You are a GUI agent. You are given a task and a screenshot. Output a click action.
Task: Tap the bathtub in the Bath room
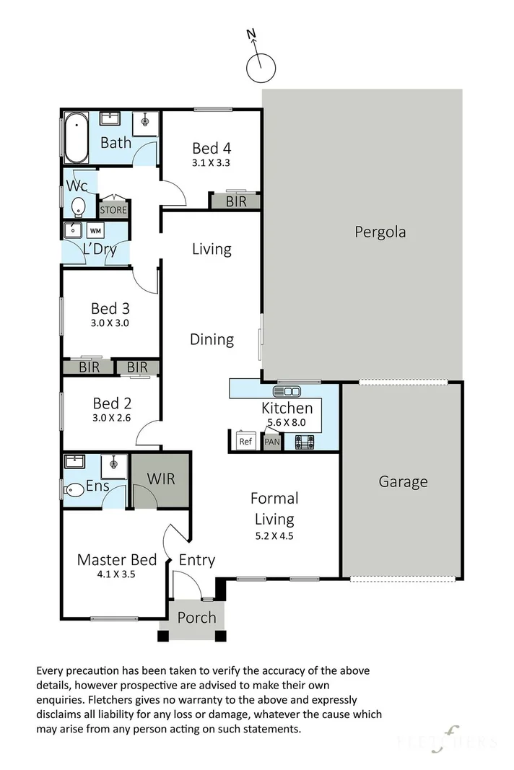coord(77,138)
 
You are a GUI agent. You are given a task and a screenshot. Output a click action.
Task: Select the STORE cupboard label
coord(113,210)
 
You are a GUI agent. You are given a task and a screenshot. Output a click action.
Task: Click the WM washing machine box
coord(96,230)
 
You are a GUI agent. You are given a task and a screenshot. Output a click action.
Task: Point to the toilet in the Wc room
coord(79,207)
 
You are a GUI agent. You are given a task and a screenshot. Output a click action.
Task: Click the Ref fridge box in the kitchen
coord(245,440)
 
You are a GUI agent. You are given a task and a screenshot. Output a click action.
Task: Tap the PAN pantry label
coord(272,442)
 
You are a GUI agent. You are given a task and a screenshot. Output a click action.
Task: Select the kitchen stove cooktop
coord(305,442)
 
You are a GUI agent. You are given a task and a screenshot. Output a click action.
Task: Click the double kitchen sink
coord(287,391)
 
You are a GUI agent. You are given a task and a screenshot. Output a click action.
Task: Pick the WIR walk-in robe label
coord(161,478)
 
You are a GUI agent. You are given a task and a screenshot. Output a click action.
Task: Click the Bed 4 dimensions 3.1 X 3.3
coord(212,162)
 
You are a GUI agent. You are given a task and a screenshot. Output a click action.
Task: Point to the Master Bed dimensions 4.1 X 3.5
coord(116,574)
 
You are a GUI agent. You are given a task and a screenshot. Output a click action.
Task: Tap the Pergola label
coord(380,232)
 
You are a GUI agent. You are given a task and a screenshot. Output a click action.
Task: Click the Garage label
coord(403,482)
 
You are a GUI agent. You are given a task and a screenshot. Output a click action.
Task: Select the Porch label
coord(196,617)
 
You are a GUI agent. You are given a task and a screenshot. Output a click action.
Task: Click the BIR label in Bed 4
coord(236,201)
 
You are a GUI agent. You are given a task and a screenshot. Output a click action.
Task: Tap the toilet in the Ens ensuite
coord(74,489)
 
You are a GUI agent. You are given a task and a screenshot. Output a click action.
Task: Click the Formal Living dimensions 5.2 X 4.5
coord(274,535)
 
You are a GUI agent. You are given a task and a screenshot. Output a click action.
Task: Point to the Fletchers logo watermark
coord(446,740)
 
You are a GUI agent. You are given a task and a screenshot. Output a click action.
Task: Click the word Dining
coord(212,339)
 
